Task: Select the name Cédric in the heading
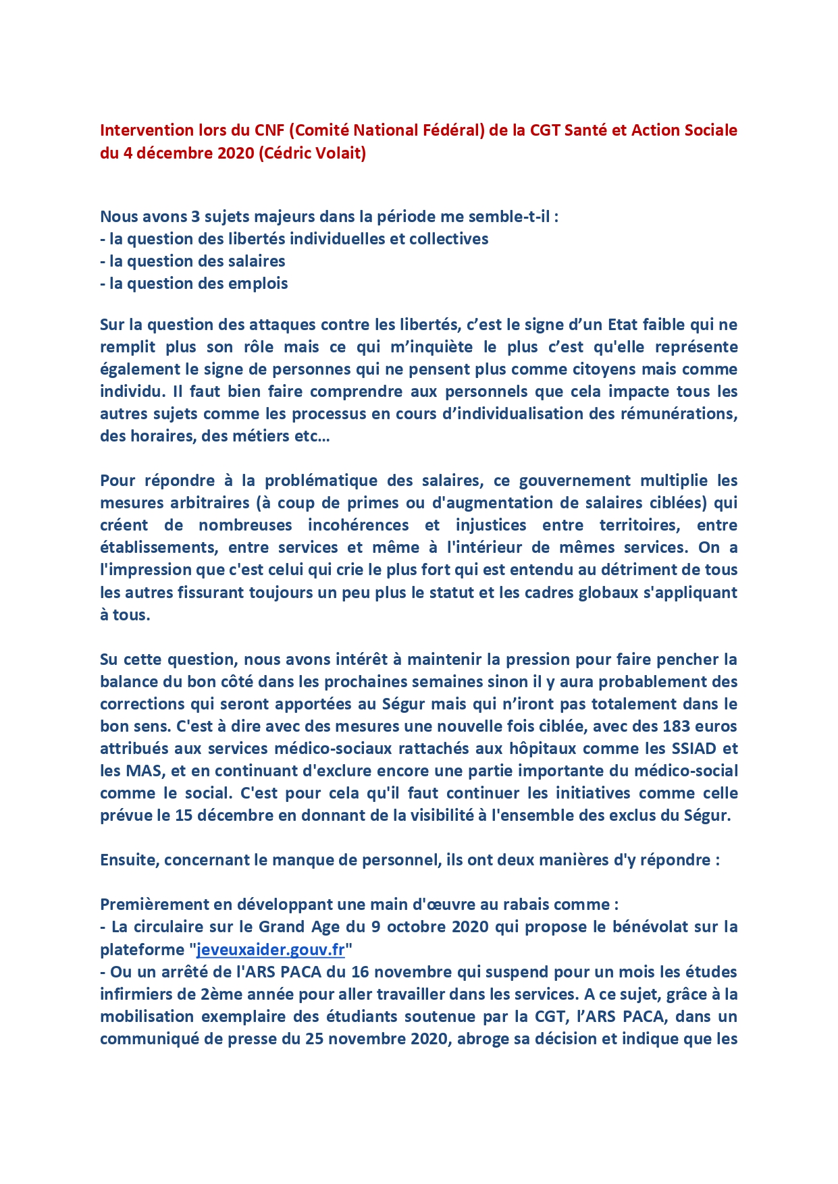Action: (x=287, y=153)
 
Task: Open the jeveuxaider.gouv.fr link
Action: (x=270, y=950)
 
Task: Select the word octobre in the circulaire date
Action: (x=415, y=927)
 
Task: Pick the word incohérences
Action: (x=359, y=525)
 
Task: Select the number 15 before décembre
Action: (x=184, y=815)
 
